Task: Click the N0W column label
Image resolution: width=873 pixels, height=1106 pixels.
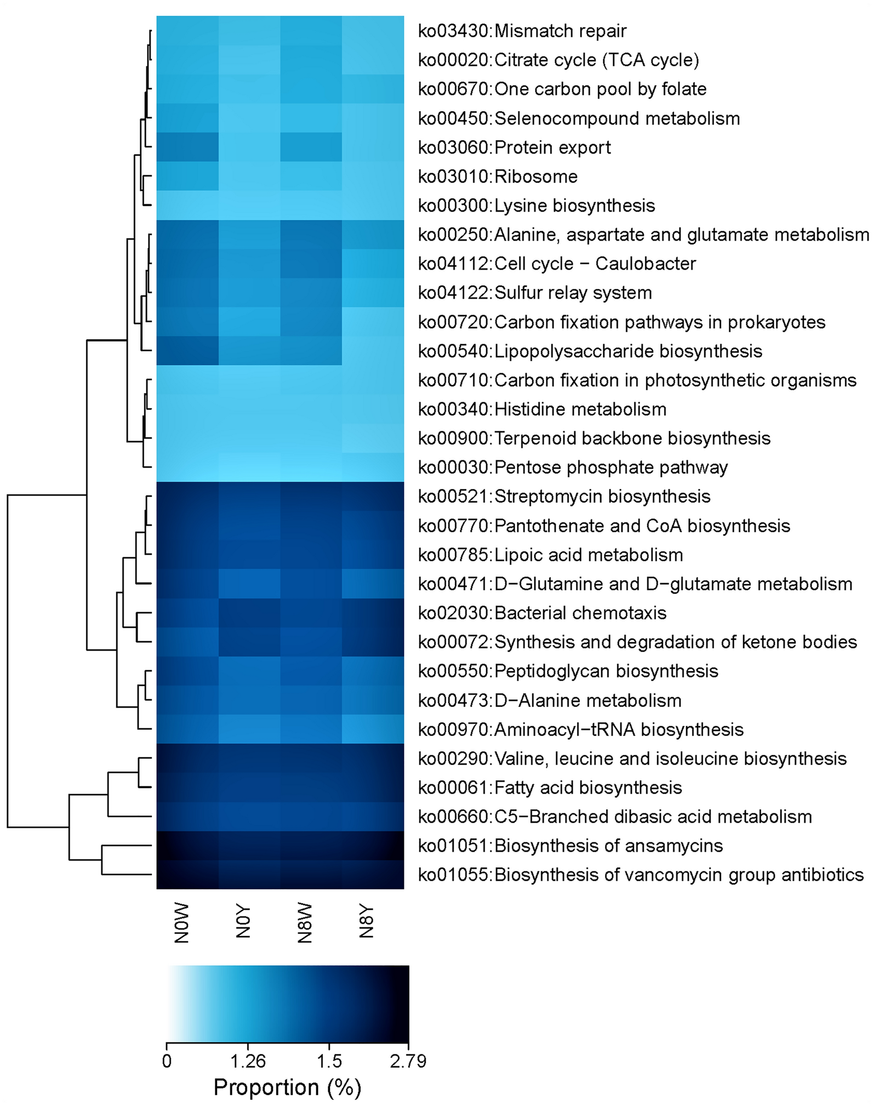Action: [x=181, y=923]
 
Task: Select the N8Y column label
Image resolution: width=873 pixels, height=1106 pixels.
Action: [x=367, y=922]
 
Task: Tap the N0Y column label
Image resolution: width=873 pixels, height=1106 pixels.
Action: [x=243, y=922]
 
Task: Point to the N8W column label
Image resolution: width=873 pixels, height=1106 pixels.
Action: [x=305, y=923]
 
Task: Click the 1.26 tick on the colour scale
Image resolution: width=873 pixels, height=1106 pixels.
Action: [x=248, y=1062]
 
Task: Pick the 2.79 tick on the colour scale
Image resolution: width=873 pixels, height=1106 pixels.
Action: [x=408, y=1062]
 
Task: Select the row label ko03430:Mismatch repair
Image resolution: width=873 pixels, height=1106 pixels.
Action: [x=522, y=31]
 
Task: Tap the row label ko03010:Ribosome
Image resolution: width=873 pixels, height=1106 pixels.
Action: [x=498, y=176]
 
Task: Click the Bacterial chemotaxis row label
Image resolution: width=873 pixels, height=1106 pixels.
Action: [x=542, y=613]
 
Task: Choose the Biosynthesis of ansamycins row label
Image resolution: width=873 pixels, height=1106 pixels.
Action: [x=570, y=846]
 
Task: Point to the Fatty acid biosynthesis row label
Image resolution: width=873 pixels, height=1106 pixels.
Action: [x=550, y=788]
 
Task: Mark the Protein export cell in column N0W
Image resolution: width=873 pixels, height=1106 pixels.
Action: [x=187, y=147]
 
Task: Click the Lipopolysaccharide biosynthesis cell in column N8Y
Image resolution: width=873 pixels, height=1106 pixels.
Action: [x=373, y=351]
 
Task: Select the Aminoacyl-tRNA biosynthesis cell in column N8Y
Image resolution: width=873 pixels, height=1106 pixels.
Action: [x=373, y=729]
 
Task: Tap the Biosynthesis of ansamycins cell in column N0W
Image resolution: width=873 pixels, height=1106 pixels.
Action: [x=187, y=846]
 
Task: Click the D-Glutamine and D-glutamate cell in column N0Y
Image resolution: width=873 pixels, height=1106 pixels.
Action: [x=249, y=584]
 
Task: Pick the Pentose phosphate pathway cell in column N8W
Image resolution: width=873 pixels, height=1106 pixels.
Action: [x=311, y=468]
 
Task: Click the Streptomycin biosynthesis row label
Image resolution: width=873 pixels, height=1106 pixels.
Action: [x=564, y=497]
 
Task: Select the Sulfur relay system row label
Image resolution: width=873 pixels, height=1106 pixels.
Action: [x=535, y=293]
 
